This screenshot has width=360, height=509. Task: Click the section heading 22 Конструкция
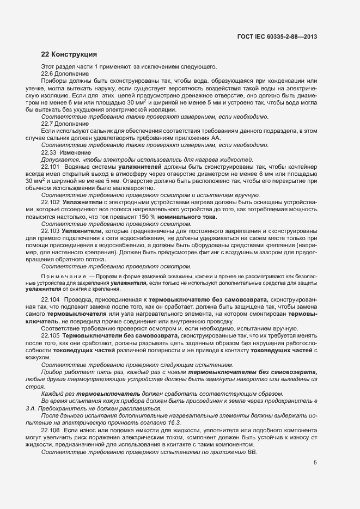(x=69, y=54)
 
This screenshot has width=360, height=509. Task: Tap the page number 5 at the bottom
(x=315, y=463)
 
